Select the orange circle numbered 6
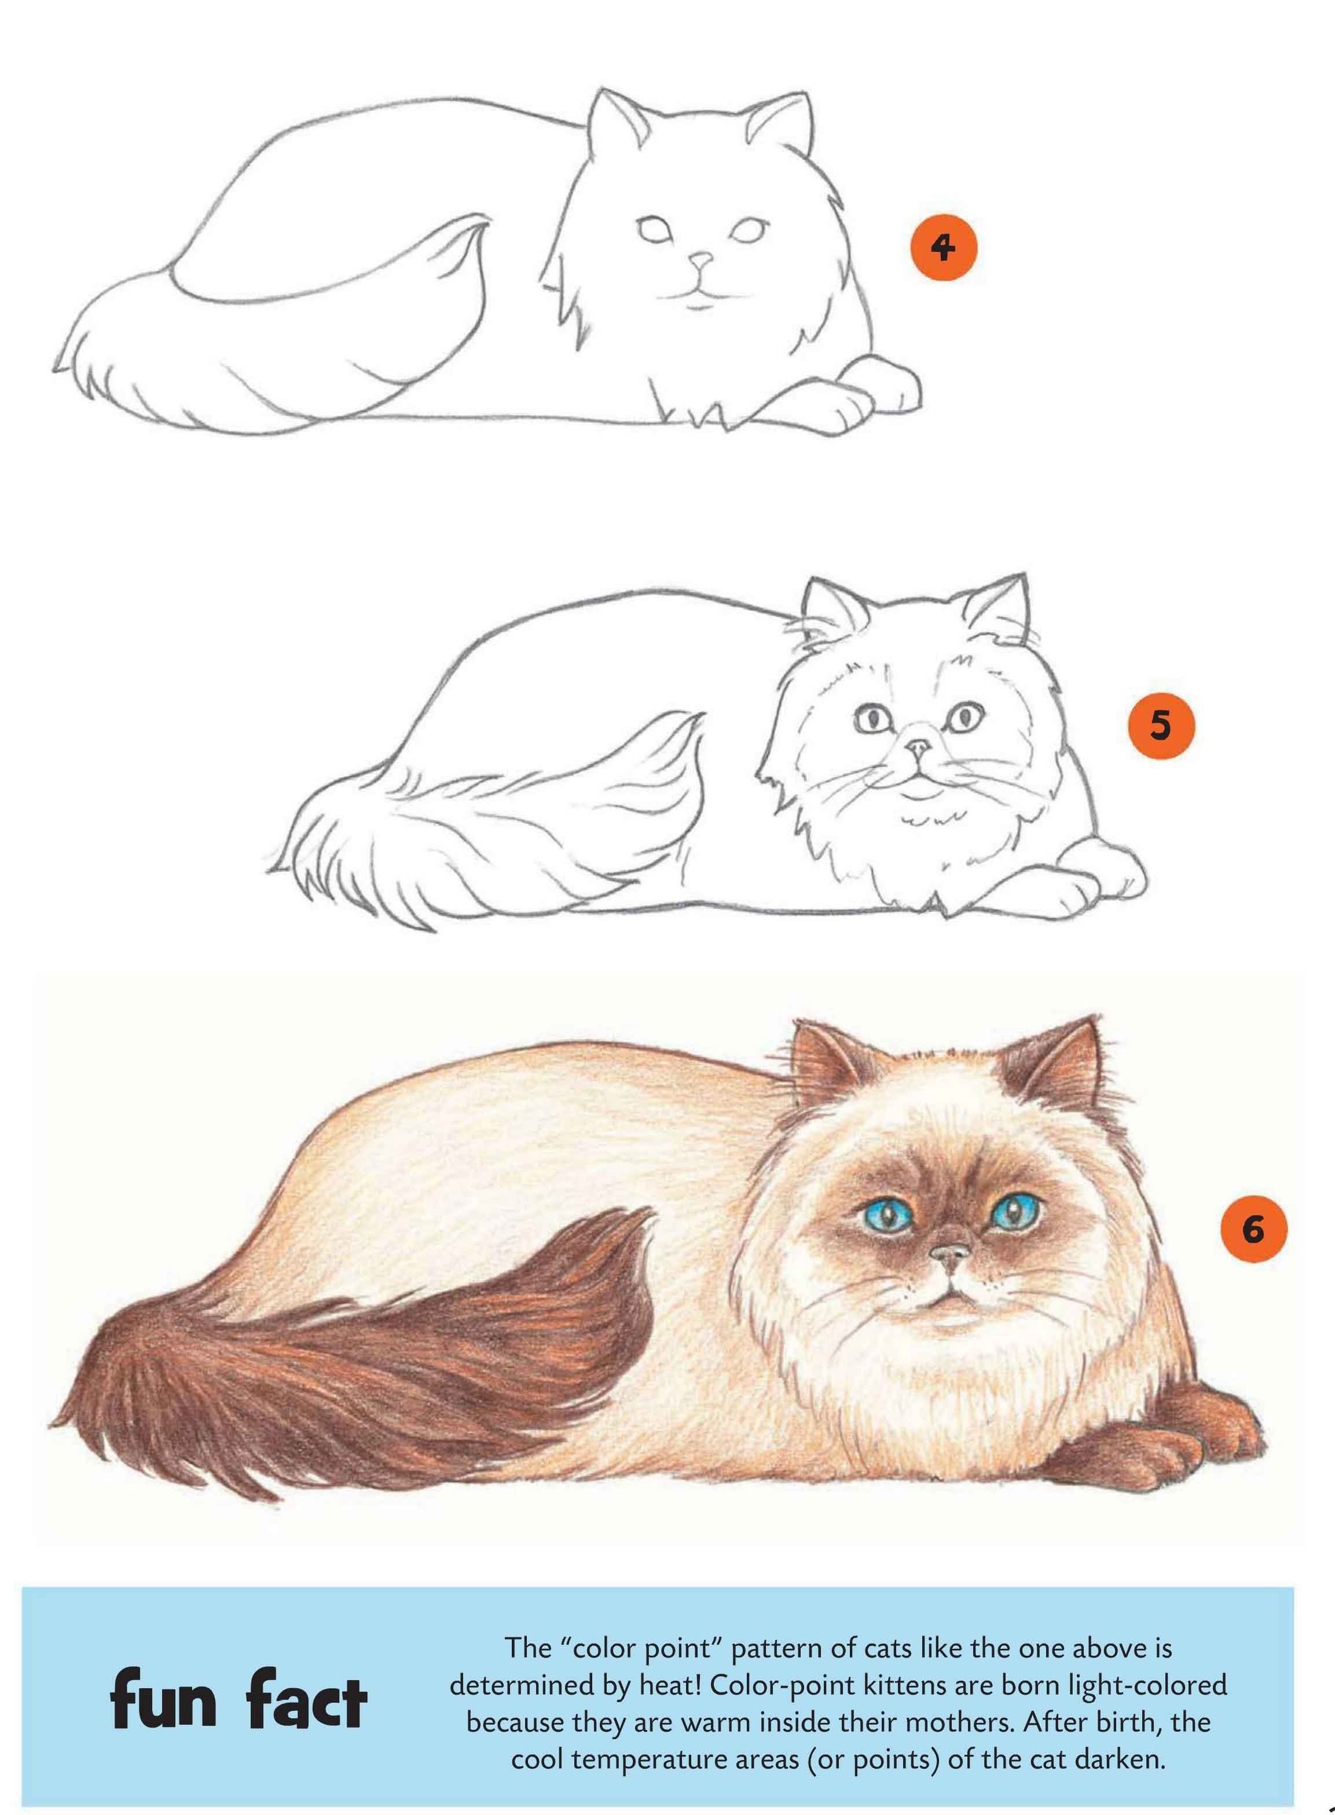(1253, 1230)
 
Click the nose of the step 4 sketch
(700, 262)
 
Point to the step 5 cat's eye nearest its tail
(871, 717)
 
